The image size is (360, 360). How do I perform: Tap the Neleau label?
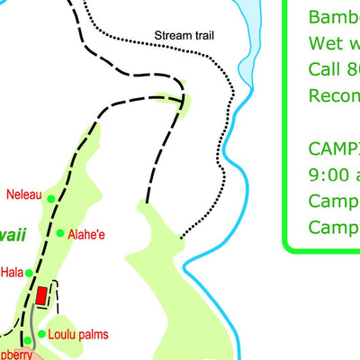click(x=23, y=193)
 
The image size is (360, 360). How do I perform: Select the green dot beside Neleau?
click(x=51, y=199)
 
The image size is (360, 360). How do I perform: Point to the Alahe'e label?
click(x=86, y=235)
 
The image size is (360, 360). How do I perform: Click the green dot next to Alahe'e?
click(x=60, y=234)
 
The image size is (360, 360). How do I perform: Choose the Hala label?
click(x=12, y=272)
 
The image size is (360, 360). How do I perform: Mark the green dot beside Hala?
click(x=29, y=272)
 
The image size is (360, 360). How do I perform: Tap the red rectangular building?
click(x=41, y=295)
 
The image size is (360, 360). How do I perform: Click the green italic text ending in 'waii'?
click(x=14, y=234)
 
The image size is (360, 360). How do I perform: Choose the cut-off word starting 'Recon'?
click(x=333, y=94)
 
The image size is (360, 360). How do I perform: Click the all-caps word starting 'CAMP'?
click(x=333, y=148)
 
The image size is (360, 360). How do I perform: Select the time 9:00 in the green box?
click(x=328, y=174)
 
